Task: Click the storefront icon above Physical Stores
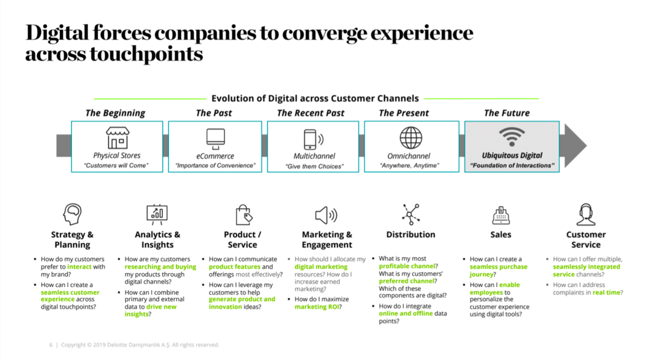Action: coord(117,138)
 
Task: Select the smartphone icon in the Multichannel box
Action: coord(310,138)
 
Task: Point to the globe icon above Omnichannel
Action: coord(411,137)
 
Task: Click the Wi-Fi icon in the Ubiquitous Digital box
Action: coord(511,137)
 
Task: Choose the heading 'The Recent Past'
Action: coord(310,113)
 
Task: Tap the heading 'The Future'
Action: coord(507,113)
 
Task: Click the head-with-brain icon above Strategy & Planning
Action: coord(73,214)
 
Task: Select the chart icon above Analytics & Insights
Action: coord(157,214)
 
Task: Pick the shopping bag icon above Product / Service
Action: coord(243,214)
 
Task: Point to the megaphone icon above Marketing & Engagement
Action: coord(326,214)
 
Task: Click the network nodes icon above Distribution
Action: coord(411,214)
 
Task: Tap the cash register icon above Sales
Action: coord(500,215)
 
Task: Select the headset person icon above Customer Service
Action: coord(586,214)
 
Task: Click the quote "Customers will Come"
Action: coord(117,166)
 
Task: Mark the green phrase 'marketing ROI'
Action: coord(318,307)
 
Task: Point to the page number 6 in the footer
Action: coord(51,345)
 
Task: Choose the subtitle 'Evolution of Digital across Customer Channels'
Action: coord(315,99)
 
